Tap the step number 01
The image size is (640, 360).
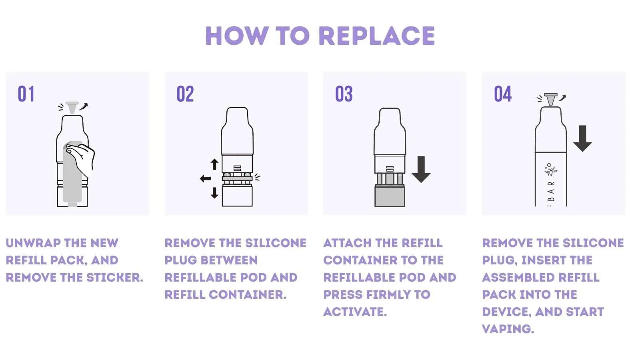(x=26, y=94)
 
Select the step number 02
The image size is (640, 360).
(x=185, y=94)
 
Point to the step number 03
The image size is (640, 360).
(x=344, y=94)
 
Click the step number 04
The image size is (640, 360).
(x=503, y=94)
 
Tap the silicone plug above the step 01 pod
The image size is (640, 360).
(x=72, y=108)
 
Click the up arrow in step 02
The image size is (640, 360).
(x=214, y=164)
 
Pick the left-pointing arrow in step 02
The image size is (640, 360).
(x=206, y=179)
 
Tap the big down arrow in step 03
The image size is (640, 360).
(x=421, y=170)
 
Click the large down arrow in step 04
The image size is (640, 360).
(x=582, y=138)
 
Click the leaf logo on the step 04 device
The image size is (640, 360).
(x=550, y=170)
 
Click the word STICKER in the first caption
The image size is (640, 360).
(x=114, y=278)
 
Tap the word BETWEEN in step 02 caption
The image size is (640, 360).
(x=229, y=260)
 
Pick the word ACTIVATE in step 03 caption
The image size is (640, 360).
(x=355, y=312)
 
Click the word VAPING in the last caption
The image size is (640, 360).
(x=508, y=329)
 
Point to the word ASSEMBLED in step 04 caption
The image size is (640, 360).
(x=518, y=278)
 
